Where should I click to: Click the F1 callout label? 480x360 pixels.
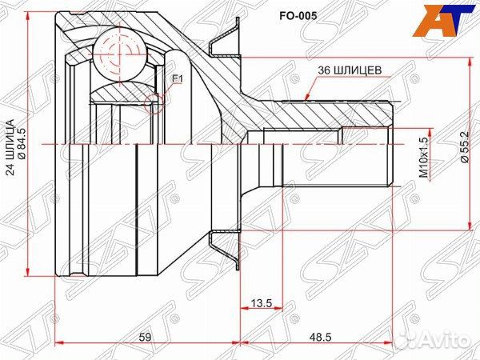[x=178, y=78]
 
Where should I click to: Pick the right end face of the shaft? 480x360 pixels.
[x=391, y=144]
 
